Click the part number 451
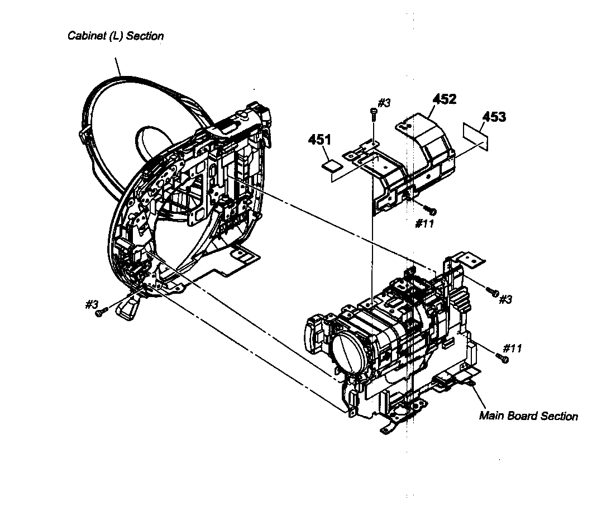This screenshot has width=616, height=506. [x=319, y=140]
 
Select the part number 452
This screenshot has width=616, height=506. [x=445, y=99]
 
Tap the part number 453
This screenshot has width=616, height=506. [x=494, y=117]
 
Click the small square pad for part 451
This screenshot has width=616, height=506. [x=332, y=164]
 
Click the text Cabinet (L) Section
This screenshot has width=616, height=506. [x=116, y=36]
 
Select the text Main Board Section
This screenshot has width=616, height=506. [x=528, y=416]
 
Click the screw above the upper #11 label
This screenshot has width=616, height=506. [x=431, y=210]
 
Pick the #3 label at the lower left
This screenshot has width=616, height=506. [x=92, y=304]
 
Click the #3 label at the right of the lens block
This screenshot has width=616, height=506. [x=505, y=299]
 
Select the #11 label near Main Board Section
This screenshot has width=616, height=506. [x=512, y=349]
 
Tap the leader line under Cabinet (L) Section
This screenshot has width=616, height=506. [x=118, y=67]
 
